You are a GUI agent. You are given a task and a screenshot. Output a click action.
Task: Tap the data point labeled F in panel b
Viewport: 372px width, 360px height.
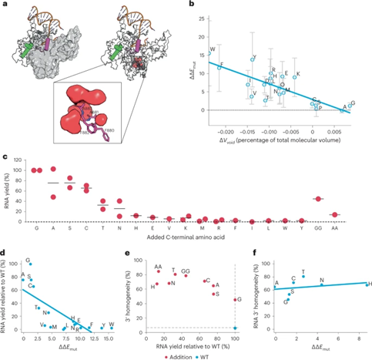219,68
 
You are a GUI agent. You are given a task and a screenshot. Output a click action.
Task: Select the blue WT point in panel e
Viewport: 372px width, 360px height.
235,328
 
